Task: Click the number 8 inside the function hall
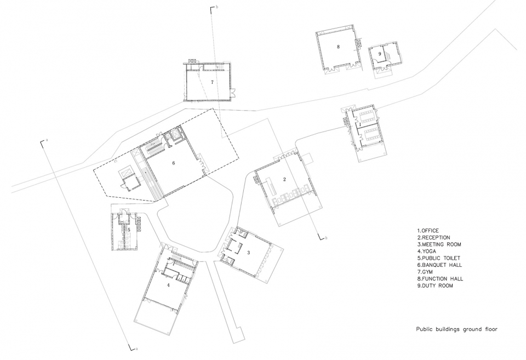tap(338, 47)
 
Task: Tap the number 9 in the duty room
tap(380, 54)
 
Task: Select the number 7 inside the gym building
tap(212, 82)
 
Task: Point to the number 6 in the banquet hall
tap(174, 163)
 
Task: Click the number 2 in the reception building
tap(284, 180)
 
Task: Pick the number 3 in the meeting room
tap(248, 252)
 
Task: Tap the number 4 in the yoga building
tap(168, 285)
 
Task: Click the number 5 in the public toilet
tap(129, 230)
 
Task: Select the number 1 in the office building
tap(360, 124)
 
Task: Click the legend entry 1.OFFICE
tap(428, 231)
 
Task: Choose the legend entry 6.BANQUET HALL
tap(439, 265)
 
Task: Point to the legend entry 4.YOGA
tap(427, 252)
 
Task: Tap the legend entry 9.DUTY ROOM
tap(435, 286)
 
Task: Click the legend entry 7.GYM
tap(425, 272)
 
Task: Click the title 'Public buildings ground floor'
tap(457, 329)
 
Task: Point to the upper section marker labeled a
tap(44, 141)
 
